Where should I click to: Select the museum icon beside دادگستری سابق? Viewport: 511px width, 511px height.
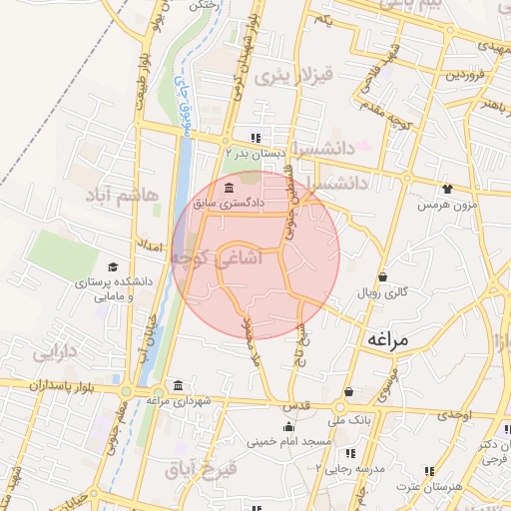(230, 189)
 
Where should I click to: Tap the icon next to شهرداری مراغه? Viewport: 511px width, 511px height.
(178, 386)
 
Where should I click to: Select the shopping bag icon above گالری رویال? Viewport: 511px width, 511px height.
(382, 277)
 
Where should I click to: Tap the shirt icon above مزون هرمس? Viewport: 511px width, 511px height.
(446, 188)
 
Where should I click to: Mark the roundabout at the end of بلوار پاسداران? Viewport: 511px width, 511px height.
(132, 389)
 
